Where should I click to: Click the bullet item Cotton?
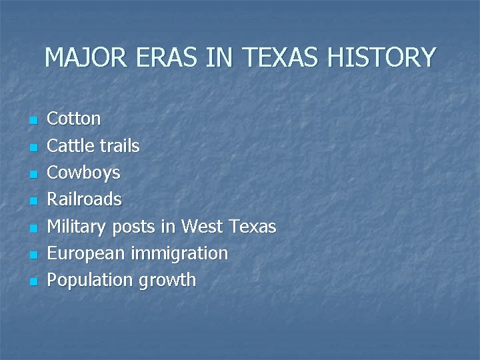pyautogui.click(x=74, y=119)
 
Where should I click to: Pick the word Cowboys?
pyautogui.click(x=83, y=173)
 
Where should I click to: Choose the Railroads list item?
pyautogui.click(x=84, y=199)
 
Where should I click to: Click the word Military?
pyautogui.click(x=76, y=227)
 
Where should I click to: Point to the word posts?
pyautogui.click(x=133, y=227)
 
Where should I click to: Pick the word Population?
pyautogui.click(x=90, y=280)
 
